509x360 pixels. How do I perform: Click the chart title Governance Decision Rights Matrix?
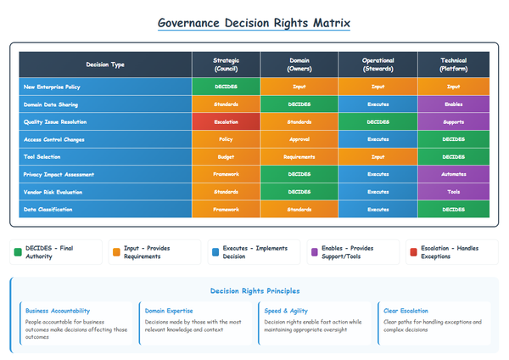(254, 24)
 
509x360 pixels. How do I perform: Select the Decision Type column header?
(105, 64)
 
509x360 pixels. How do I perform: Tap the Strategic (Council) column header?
(225, 64)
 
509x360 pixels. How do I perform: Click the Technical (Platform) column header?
(453, 64)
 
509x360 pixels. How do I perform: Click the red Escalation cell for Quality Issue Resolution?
(225, 121)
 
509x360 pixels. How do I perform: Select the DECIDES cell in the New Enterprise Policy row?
(225, 85)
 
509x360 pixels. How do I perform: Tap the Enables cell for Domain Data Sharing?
(453, 103)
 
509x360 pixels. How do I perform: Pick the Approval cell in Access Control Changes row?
(299, 138)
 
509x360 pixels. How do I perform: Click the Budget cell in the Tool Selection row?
(225, 155)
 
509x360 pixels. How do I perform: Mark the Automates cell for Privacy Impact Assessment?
(453, 173)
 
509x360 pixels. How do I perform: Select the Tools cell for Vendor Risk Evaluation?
(453, 191)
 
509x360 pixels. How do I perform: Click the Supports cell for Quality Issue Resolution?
(453, 121)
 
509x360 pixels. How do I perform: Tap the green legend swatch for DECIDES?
(17, 252)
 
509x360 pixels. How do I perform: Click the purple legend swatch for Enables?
(312, 252)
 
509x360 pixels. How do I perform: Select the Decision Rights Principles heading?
(254, 289)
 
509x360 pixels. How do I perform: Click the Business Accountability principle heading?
(58, 311)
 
